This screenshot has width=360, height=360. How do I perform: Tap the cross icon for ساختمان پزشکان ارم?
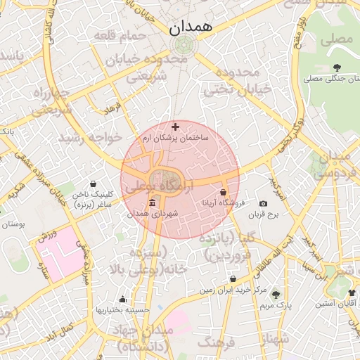pos(175,127)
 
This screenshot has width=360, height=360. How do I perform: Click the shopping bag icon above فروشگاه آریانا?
pos(223,191)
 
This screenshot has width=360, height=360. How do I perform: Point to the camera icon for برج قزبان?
pos(263,203)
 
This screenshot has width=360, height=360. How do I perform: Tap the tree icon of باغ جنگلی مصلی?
pos(338,67)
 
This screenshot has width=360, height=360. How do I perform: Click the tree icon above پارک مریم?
pos(275,294)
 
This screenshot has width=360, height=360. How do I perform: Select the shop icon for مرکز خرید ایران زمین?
pos(233,278)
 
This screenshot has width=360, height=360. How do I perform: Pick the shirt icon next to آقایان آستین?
pos(352,292)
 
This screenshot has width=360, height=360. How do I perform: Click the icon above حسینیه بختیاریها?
pos(123,299)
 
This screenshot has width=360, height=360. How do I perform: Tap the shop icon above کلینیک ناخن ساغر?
pos(94,184)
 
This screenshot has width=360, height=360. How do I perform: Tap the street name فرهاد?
pos(113,110)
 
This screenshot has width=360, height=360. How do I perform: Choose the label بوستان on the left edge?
pos(13,224)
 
